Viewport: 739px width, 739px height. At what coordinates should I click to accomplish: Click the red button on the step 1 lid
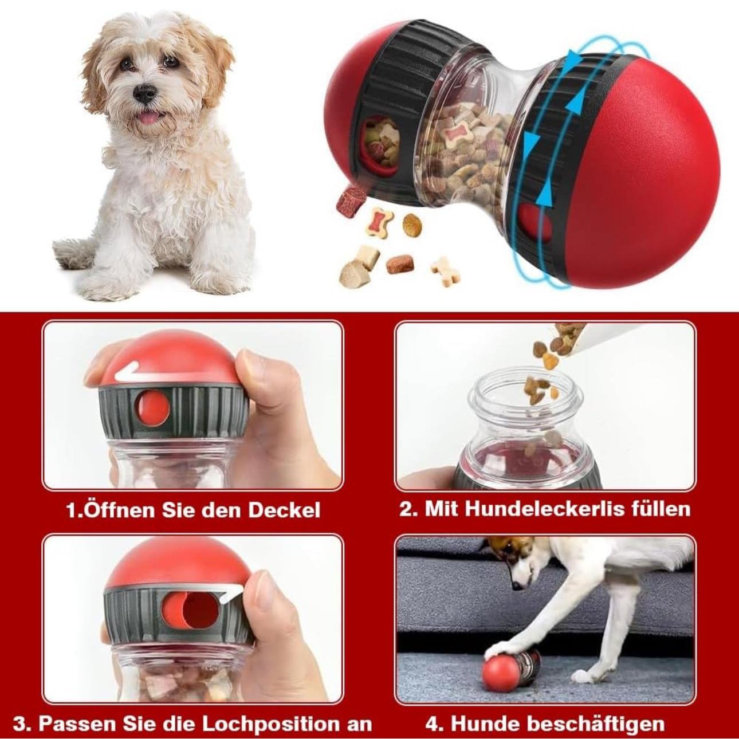(152, 408)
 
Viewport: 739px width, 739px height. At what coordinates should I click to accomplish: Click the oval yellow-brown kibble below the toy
(412, 225)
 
